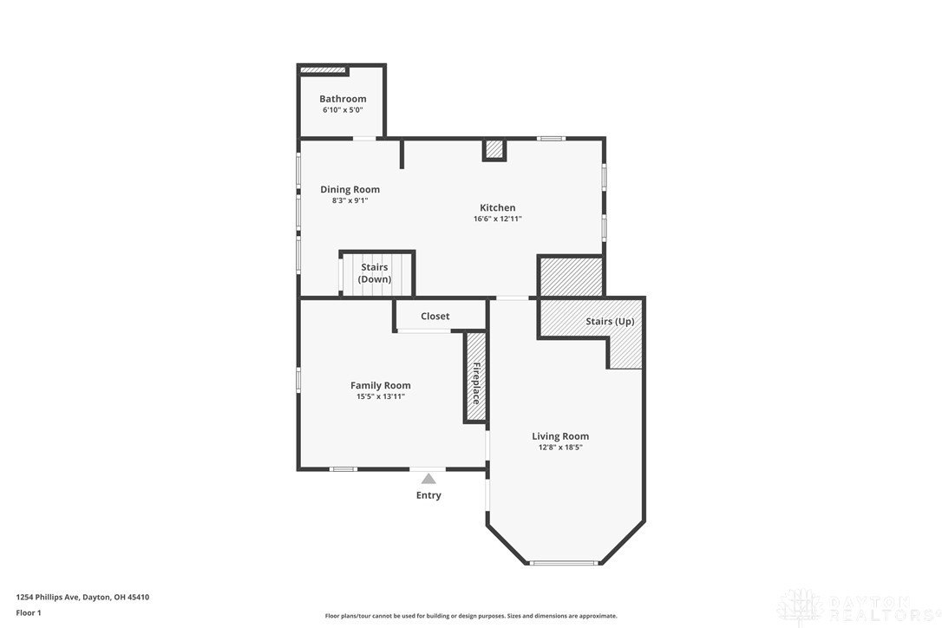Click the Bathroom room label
coord(343,99)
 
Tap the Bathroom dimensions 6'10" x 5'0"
coord(343,111)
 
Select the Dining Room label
coord(350,189)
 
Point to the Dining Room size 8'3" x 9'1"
coord(350,200)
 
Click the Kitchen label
coord(498,207)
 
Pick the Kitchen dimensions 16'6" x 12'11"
coord(498,219)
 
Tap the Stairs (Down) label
coord(375,273)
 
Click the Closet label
coord(435,317)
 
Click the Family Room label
coord(381,385)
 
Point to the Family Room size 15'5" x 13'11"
coord(381,396)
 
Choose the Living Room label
coord(560,436)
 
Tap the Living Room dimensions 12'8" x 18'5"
coord(560,448)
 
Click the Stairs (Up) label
coord(610,322)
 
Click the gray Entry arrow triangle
coord(428,478)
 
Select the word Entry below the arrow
coord(428,495)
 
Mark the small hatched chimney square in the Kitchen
coord(494,150)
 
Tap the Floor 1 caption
coord(29,612)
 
